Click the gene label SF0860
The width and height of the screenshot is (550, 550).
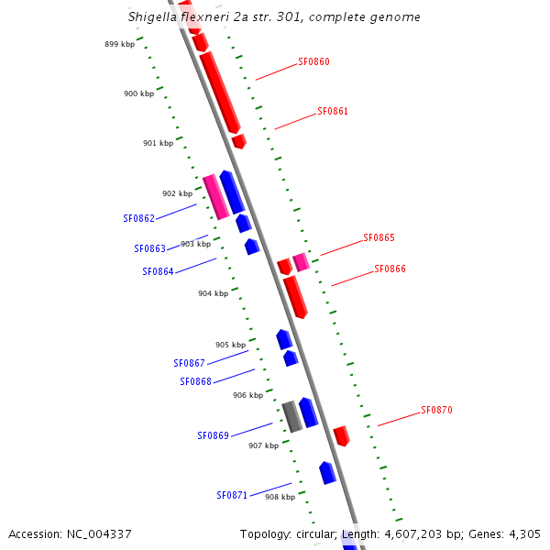[313, 62]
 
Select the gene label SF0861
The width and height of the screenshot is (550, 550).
[333, 112]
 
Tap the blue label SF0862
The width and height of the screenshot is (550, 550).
[138, 219]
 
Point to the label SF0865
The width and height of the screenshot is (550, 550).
[379, 238]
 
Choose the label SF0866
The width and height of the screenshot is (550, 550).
[390, 269]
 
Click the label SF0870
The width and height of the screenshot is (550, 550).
[436, 411]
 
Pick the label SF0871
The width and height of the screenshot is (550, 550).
[232, 496]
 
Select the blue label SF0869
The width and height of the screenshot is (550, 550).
[213, 436]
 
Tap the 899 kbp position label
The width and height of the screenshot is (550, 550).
[119, 44]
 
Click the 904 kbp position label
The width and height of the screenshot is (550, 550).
[213, 294]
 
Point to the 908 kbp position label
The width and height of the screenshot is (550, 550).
[280, 497]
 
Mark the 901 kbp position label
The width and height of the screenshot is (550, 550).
[158, 144]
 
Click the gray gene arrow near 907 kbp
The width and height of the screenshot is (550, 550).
[291, 416]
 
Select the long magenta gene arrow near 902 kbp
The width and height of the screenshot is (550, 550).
[215, 196]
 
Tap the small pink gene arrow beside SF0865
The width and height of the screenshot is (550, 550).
[301, 263]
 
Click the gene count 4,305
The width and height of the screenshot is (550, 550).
[524, 533]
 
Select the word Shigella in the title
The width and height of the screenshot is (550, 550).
[158, 16]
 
